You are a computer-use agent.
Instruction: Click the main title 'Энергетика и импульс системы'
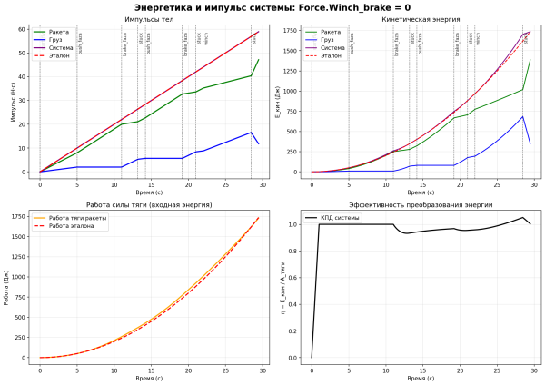272,8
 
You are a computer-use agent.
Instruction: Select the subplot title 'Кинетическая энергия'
421,19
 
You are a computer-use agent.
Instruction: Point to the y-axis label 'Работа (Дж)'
7,286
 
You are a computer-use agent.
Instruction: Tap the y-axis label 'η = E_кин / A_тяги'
281,286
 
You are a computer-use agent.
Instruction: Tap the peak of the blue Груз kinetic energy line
522,116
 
